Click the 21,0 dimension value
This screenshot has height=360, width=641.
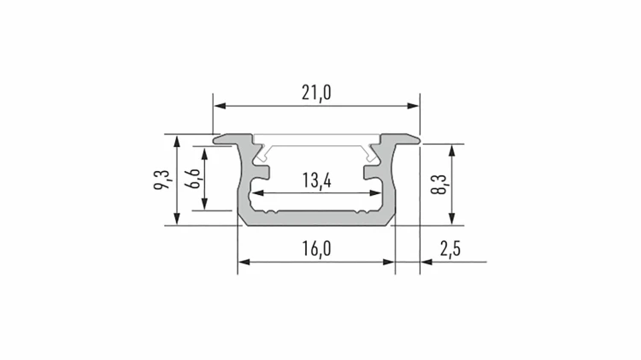coord(316,92)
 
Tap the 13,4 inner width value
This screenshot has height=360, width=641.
coord(317,180)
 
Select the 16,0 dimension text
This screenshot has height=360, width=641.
coord(317,249)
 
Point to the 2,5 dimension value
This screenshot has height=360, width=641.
coord(450,249)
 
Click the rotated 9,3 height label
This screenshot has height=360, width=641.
coord(162,180)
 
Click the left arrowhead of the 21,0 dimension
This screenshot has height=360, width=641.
coord(220,106)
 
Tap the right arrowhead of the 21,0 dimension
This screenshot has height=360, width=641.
coord(413,106)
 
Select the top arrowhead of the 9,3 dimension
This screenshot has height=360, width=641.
coord(177,142)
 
